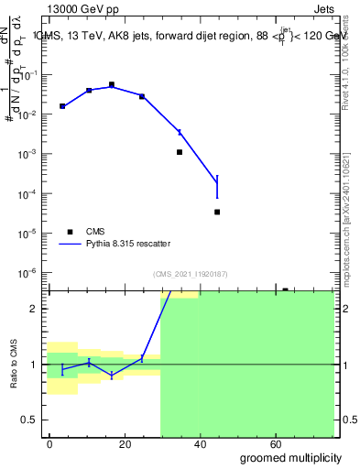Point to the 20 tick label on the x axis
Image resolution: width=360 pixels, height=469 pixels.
[122, 442]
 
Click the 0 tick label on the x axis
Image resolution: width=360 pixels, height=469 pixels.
[50, 442]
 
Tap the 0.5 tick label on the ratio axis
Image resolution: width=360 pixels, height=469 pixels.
[29, 420]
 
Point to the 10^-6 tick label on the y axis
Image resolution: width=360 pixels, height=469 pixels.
[27, 273]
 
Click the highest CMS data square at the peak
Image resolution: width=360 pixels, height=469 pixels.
[112, 84]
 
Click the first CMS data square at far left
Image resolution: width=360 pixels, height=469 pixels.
[61, 106]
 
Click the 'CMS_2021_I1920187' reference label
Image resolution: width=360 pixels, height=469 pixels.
[189, 273]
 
